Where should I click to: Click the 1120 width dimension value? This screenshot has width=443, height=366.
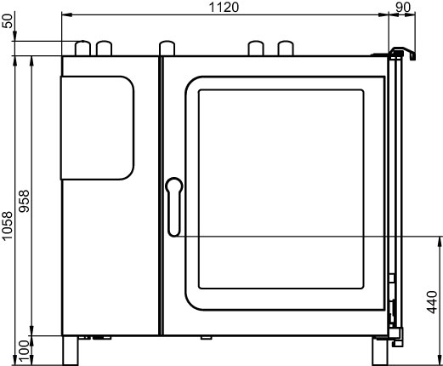tap(224, 7)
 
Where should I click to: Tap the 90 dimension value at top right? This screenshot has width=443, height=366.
tap(402, 7)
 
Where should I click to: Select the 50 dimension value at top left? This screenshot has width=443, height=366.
tap(8, 20)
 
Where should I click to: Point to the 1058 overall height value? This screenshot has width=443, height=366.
tap(8, 226)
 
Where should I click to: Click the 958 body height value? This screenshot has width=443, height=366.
tap(24, 201)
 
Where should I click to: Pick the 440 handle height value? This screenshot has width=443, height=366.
tap(432, 302)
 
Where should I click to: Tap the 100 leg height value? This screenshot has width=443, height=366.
tap(24, 352)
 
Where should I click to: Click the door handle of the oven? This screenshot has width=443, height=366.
tap(174, 207)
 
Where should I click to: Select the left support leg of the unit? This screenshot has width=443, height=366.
tap(70, 351)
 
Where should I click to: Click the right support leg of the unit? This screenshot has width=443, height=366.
tap(380, 351)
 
